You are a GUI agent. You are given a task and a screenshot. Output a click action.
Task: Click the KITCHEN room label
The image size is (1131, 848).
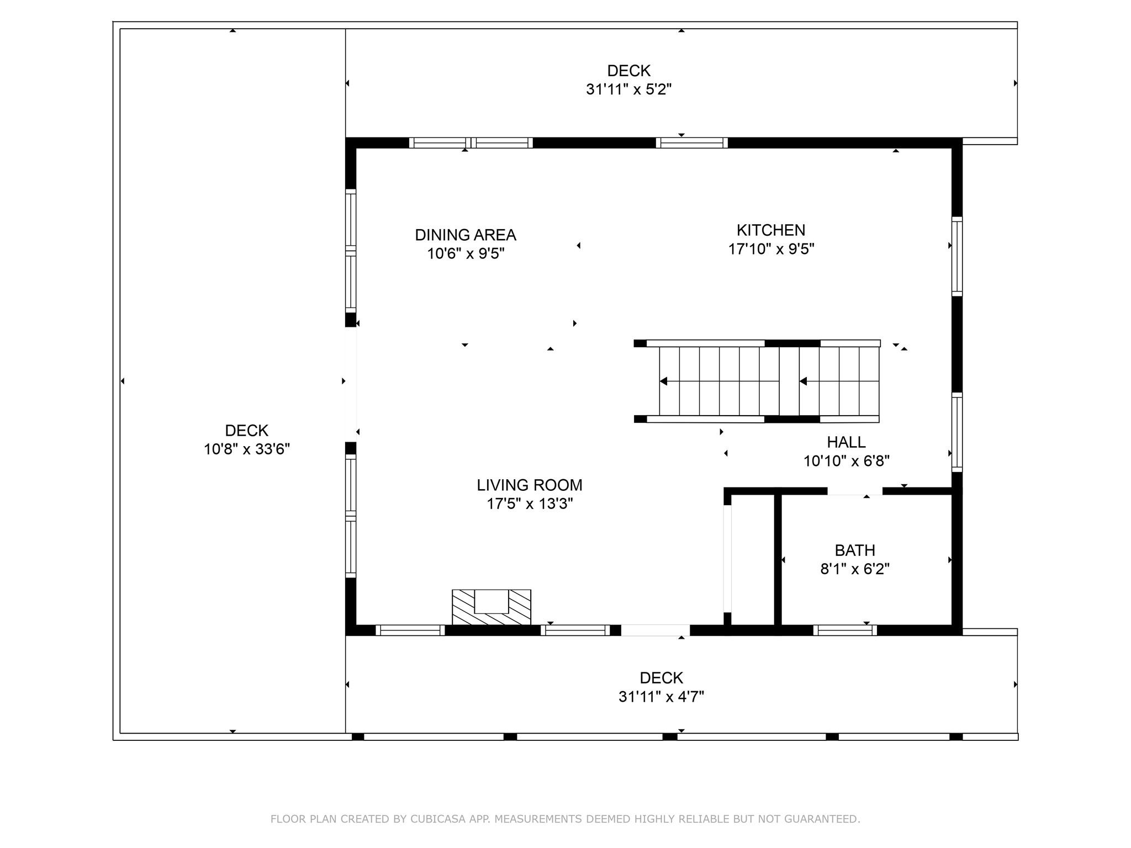click(x=770, y=230)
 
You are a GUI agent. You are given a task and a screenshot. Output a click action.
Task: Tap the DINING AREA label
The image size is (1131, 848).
click(x=465, y=235)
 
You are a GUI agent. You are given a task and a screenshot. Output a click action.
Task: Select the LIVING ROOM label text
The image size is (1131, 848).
click(x=529, y=485)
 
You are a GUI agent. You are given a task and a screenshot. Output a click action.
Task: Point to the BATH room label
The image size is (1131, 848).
click(x=854, y=550)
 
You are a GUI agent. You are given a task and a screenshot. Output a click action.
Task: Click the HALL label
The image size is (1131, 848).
click(x=845, y=442)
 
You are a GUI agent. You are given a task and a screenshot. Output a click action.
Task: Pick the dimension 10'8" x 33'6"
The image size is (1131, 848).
click(x=246, y=449)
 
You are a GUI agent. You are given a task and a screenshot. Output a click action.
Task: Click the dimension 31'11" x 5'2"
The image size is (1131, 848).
click(x=628, y=89)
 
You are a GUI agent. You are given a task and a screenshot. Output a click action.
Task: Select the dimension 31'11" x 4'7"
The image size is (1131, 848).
click(x=661, y=697)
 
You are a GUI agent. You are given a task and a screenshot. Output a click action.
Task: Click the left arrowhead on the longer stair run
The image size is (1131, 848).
click(x=664, y=381)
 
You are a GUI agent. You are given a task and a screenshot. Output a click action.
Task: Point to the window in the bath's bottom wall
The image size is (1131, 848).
click(x=844, y=630)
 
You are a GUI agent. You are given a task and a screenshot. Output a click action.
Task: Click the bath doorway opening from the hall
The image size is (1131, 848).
click(x=854, y=491)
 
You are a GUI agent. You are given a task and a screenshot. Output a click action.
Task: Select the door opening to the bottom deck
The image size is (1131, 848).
click(x=655, y=630)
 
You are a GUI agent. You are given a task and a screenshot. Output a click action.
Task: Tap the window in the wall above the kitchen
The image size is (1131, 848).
click(x=691, y=143)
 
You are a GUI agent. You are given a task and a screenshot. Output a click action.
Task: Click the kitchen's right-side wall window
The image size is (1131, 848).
click(x=956, y=256)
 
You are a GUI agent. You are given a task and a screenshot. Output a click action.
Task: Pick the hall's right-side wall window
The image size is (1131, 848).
click(x=956, y=432)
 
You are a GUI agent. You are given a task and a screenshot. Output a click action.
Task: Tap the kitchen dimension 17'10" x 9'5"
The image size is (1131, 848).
click(x=770, y=249)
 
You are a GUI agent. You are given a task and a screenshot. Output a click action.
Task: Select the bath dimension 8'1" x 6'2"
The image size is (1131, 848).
click(x=854, y=569)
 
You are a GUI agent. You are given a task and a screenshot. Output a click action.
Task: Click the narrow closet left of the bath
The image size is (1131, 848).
click(x=752, y=559)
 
